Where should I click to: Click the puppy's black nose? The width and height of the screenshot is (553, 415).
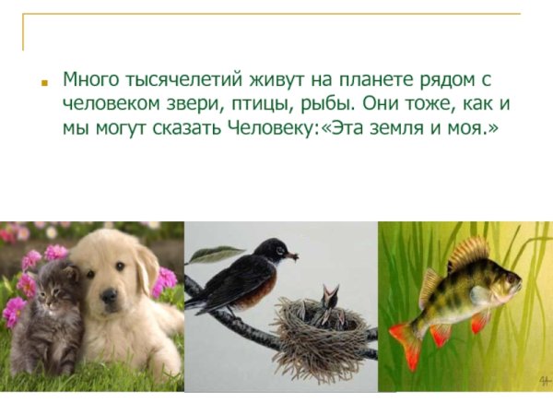110,297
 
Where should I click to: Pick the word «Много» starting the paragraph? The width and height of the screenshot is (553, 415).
87,79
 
